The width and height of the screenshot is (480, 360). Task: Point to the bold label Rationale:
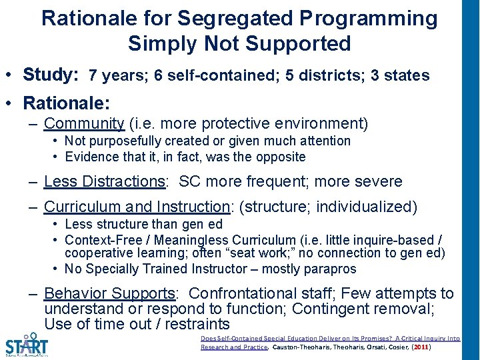pyautogui.click(x=66, y=103)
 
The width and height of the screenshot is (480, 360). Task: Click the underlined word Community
pyautogui.click(x=84, y=123)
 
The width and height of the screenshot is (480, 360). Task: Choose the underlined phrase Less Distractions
pyautogui.click(x=105, y=181)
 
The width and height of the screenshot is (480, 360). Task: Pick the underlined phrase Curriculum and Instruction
pyautogui.click(x=137, y=207)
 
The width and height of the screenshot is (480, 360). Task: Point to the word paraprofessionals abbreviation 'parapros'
pyautogui.click(x=332, y=269)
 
